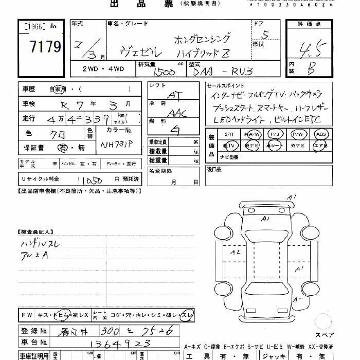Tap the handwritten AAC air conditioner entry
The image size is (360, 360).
pyautogui.click(x=176, y=113)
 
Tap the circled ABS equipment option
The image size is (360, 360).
pyautogui.click(x=321, y=134)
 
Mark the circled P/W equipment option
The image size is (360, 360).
pyautogui.click(x=297, y=134)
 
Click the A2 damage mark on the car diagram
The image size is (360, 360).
pyautogui.click(x=235, y=252)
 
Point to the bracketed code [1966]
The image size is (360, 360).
pyautogui.click(x=34, y=26)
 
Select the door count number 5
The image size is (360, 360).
pyautogui.click(x=266, y=36)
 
